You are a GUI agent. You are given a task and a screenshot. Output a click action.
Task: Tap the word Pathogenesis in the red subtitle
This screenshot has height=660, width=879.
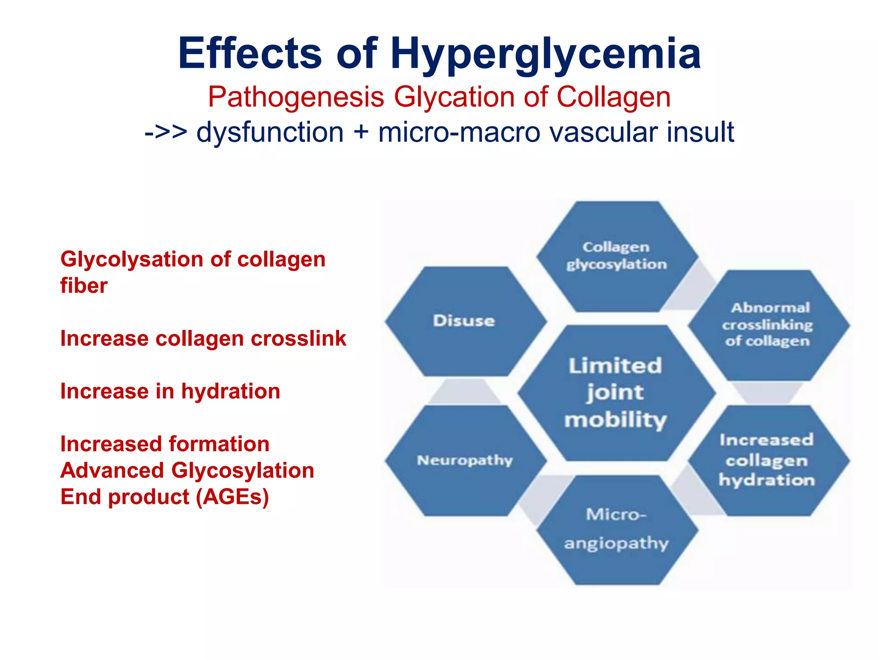pyautogui.click(x=296, y=97)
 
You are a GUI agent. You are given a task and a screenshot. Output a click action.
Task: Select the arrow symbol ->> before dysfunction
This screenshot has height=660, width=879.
pyautogui.click(x=166, y=132)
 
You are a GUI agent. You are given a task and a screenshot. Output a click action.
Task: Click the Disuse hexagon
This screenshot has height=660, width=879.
pyautogui.click(x=464, y=321)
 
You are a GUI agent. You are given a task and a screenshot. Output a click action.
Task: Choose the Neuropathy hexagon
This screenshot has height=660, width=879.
pyautogui.click(x=465, y=461)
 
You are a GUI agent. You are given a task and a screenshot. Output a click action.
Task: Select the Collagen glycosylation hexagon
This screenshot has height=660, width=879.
pyautogui.click(x=616, y=256)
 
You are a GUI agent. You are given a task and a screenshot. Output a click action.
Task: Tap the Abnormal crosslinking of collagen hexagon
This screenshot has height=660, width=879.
pyautogui.click(x=768, y=325)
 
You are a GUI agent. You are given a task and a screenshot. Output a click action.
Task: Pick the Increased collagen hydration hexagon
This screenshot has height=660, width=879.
pyautogui.click(x=767, y=460)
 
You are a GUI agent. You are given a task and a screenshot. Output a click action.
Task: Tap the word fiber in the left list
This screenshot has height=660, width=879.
pyautogui.click(x=84, y=286)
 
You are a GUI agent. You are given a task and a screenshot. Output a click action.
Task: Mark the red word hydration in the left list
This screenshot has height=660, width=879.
pyautogui.click(x=230, y=391)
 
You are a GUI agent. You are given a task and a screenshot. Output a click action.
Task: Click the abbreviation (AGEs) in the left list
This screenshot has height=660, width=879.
pyautogui.click(x=233, y=497)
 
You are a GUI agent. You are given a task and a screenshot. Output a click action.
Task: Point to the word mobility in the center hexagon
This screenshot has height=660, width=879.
pyautogui.click(x=616, y=420)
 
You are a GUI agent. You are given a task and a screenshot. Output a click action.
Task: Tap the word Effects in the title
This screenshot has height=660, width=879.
pyautogui.click(x=250, y=54)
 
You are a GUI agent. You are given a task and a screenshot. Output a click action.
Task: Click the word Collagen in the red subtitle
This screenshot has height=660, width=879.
pyautogui.click(x=613, y=97)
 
